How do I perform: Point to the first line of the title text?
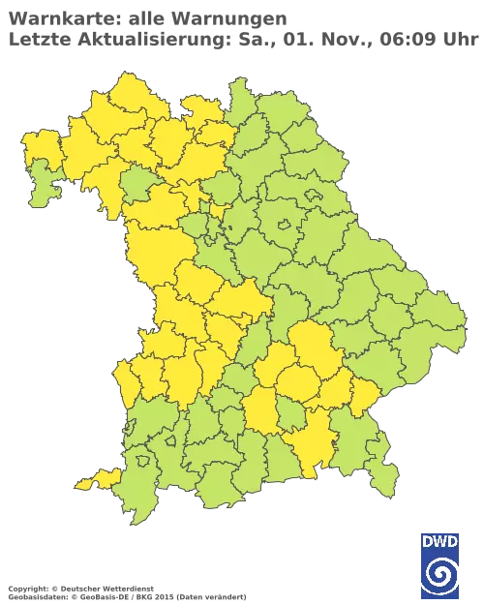tap(145, 18)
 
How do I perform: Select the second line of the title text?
tap(232, 39)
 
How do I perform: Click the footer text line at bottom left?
tap(126, 588)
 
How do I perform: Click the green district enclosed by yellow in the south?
tap(289, 415)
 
